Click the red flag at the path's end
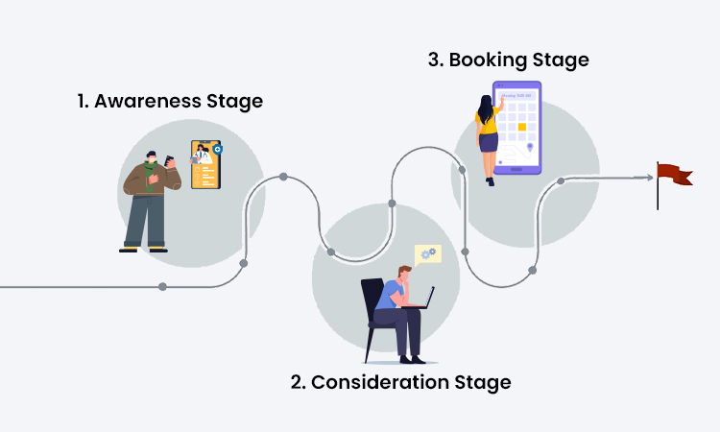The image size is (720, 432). pos(674,174)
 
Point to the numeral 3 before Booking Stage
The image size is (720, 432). pos(434,60)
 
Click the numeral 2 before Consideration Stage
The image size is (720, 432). pos(298,382)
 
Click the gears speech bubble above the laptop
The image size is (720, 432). pos(427,253)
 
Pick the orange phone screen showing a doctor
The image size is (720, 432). pos(205,164)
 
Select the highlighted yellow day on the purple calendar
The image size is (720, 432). pos(522,127)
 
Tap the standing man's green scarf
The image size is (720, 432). pos(148,173)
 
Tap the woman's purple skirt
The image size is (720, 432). pos(489,143)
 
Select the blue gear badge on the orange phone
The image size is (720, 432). pos(218,150)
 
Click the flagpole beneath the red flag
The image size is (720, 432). pos(658,197)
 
